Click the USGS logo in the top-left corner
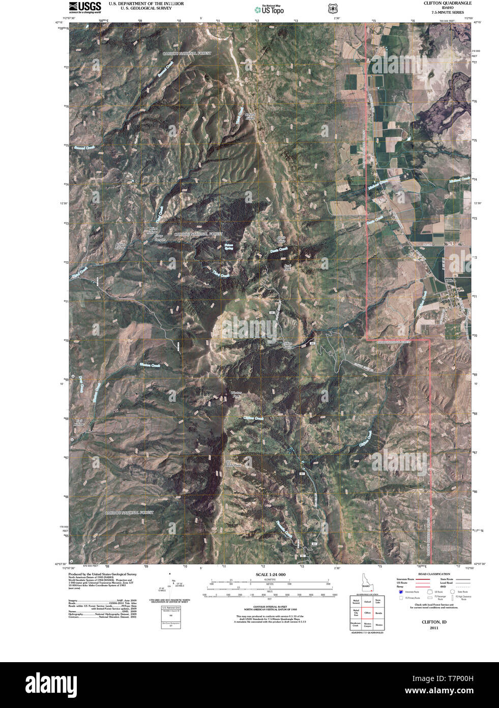tap(84, 7)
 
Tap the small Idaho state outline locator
tap(366, 583)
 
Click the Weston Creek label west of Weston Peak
tap(150, 365)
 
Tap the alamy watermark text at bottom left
tap(56, 682)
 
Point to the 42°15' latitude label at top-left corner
tap(62, 22)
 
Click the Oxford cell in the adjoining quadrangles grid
tap(367, 601)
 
